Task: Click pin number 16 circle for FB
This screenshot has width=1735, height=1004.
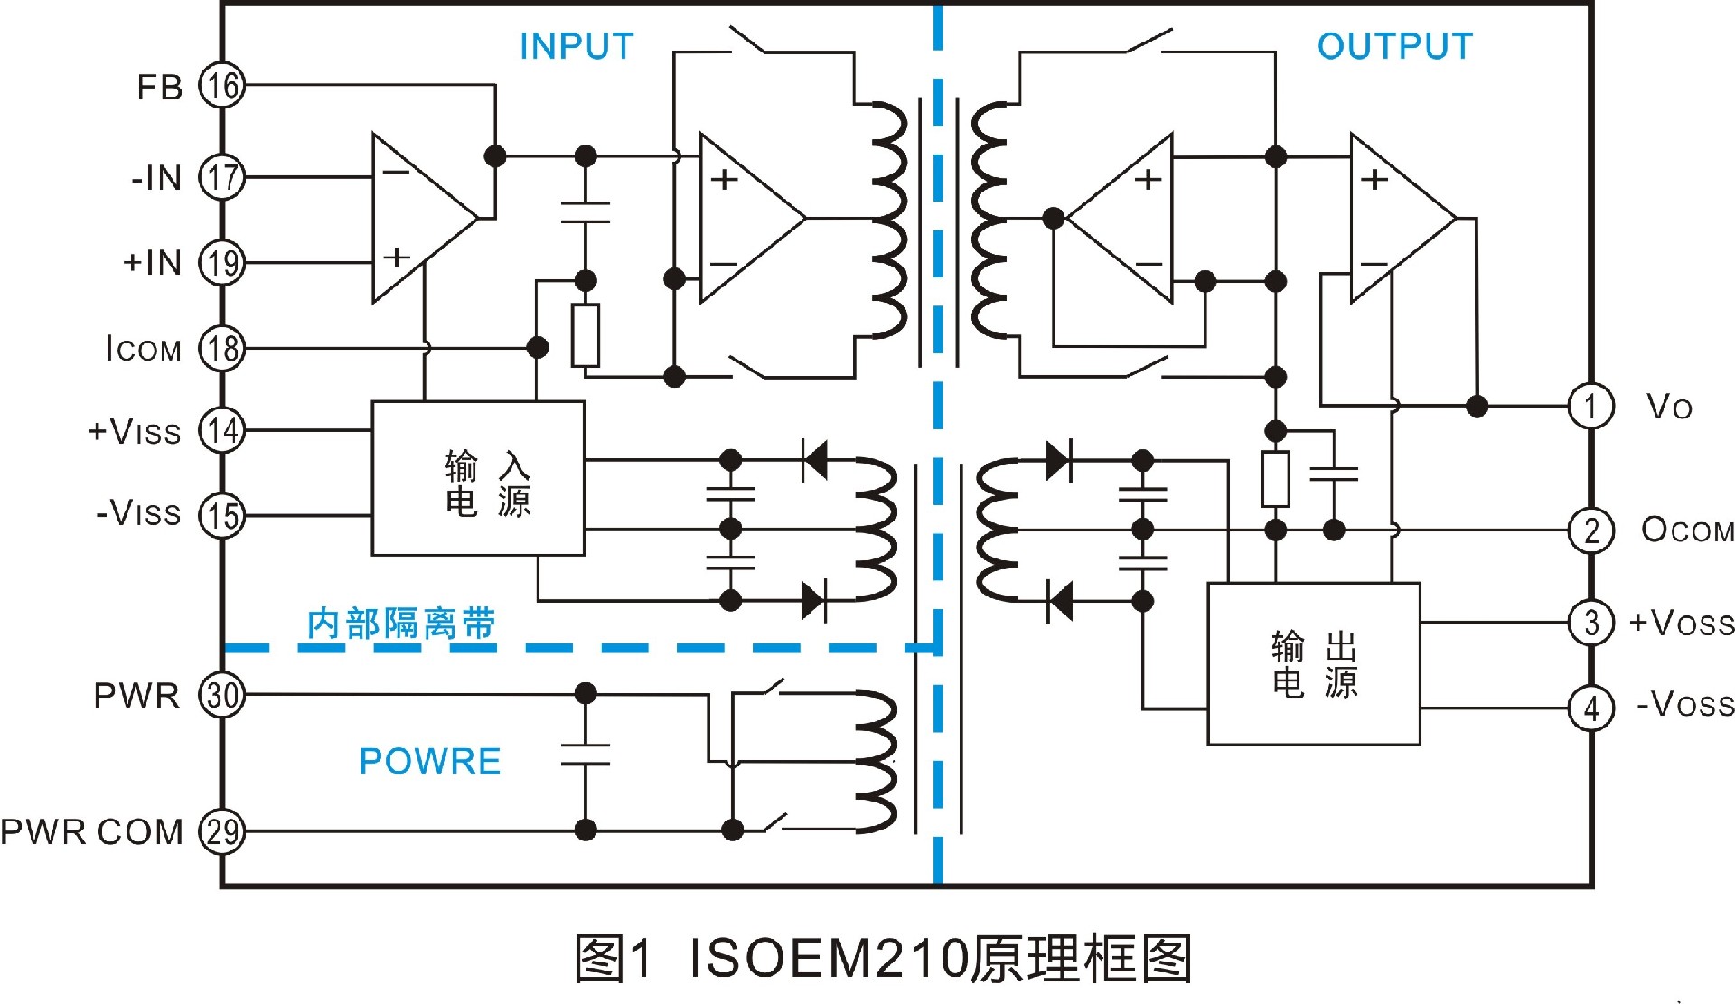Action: (222, 86)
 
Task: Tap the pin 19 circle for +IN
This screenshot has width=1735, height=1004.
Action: (222, 263)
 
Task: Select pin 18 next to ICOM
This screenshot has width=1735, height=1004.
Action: (222, 348)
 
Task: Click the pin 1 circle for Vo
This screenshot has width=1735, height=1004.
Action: (1590, 406)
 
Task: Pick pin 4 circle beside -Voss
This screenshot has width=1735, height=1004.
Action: (1590, 708)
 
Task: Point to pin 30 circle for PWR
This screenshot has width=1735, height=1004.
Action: (222, 695)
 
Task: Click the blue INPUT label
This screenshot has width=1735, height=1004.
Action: (577, 46)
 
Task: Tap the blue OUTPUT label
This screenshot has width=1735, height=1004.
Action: (1394, 46)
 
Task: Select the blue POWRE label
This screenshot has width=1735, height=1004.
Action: (430, 761)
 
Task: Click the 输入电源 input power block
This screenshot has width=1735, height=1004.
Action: (479, 478)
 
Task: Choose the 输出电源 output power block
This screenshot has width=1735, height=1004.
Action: (1314, 664)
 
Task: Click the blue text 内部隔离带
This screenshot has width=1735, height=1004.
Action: (401, 624)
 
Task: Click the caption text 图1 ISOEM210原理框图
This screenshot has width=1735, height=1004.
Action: (884, 959)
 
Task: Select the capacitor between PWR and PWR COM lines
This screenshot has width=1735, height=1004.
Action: (586, 755)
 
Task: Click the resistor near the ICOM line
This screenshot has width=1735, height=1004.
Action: (586, 335)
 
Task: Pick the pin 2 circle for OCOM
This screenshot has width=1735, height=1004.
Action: (1590, 530)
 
